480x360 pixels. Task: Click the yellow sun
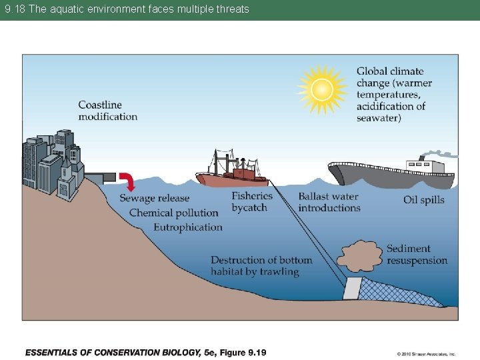(322, 89)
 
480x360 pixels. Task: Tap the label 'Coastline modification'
(108, 111)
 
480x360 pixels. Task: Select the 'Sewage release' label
(155, 198)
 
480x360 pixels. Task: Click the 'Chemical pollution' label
(174, 213)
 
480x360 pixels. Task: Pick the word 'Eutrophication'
(188, 227)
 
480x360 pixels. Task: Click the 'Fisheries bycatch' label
(252, 202)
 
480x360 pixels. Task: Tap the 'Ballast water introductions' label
(329, 202)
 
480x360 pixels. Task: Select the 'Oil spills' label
(424, 200)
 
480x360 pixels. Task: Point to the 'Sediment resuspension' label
(417, 255)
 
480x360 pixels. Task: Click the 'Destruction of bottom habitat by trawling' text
(261, 265)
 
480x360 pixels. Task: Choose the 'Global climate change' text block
(394, 95)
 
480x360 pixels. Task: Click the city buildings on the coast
(53, 163)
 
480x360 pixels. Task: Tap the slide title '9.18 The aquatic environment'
(127, 9)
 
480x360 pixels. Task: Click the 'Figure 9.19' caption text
(145, 352)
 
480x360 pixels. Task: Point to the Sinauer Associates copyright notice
(425, 353)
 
